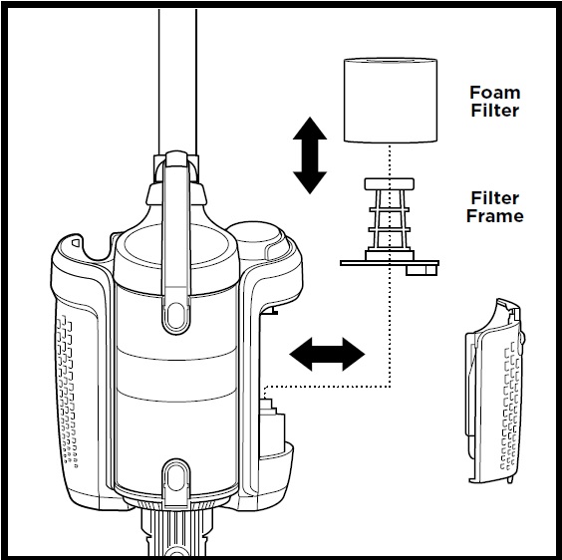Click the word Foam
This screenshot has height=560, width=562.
point(494,93)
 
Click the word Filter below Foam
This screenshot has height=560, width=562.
point(494,111)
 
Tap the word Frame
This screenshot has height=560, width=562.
point(495,216)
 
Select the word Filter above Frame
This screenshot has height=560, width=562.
point(494,198)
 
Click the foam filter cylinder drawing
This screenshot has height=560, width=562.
point(391,100)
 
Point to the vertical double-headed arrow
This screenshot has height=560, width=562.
point(310,155)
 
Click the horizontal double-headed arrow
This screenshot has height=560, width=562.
point(327,354)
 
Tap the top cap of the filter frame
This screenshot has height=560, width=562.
point(390,184)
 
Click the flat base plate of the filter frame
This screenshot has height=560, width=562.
point(390,263)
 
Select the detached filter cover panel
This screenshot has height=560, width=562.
point(494,391)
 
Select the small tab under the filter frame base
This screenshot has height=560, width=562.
point(421,270)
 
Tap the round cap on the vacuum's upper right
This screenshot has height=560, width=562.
point(259,238)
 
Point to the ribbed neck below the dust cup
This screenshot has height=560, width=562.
point(176,530)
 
